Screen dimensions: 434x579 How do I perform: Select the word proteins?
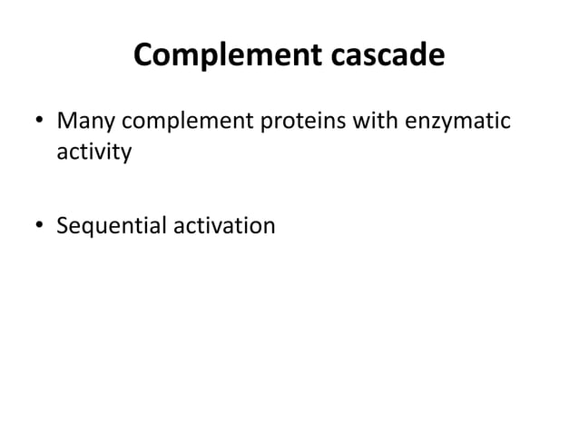308,121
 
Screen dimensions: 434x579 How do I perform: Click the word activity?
93,151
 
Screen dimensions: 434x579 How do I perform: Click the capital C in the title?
144,56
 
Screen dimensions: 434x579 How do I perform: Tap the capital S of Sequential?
63,223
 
